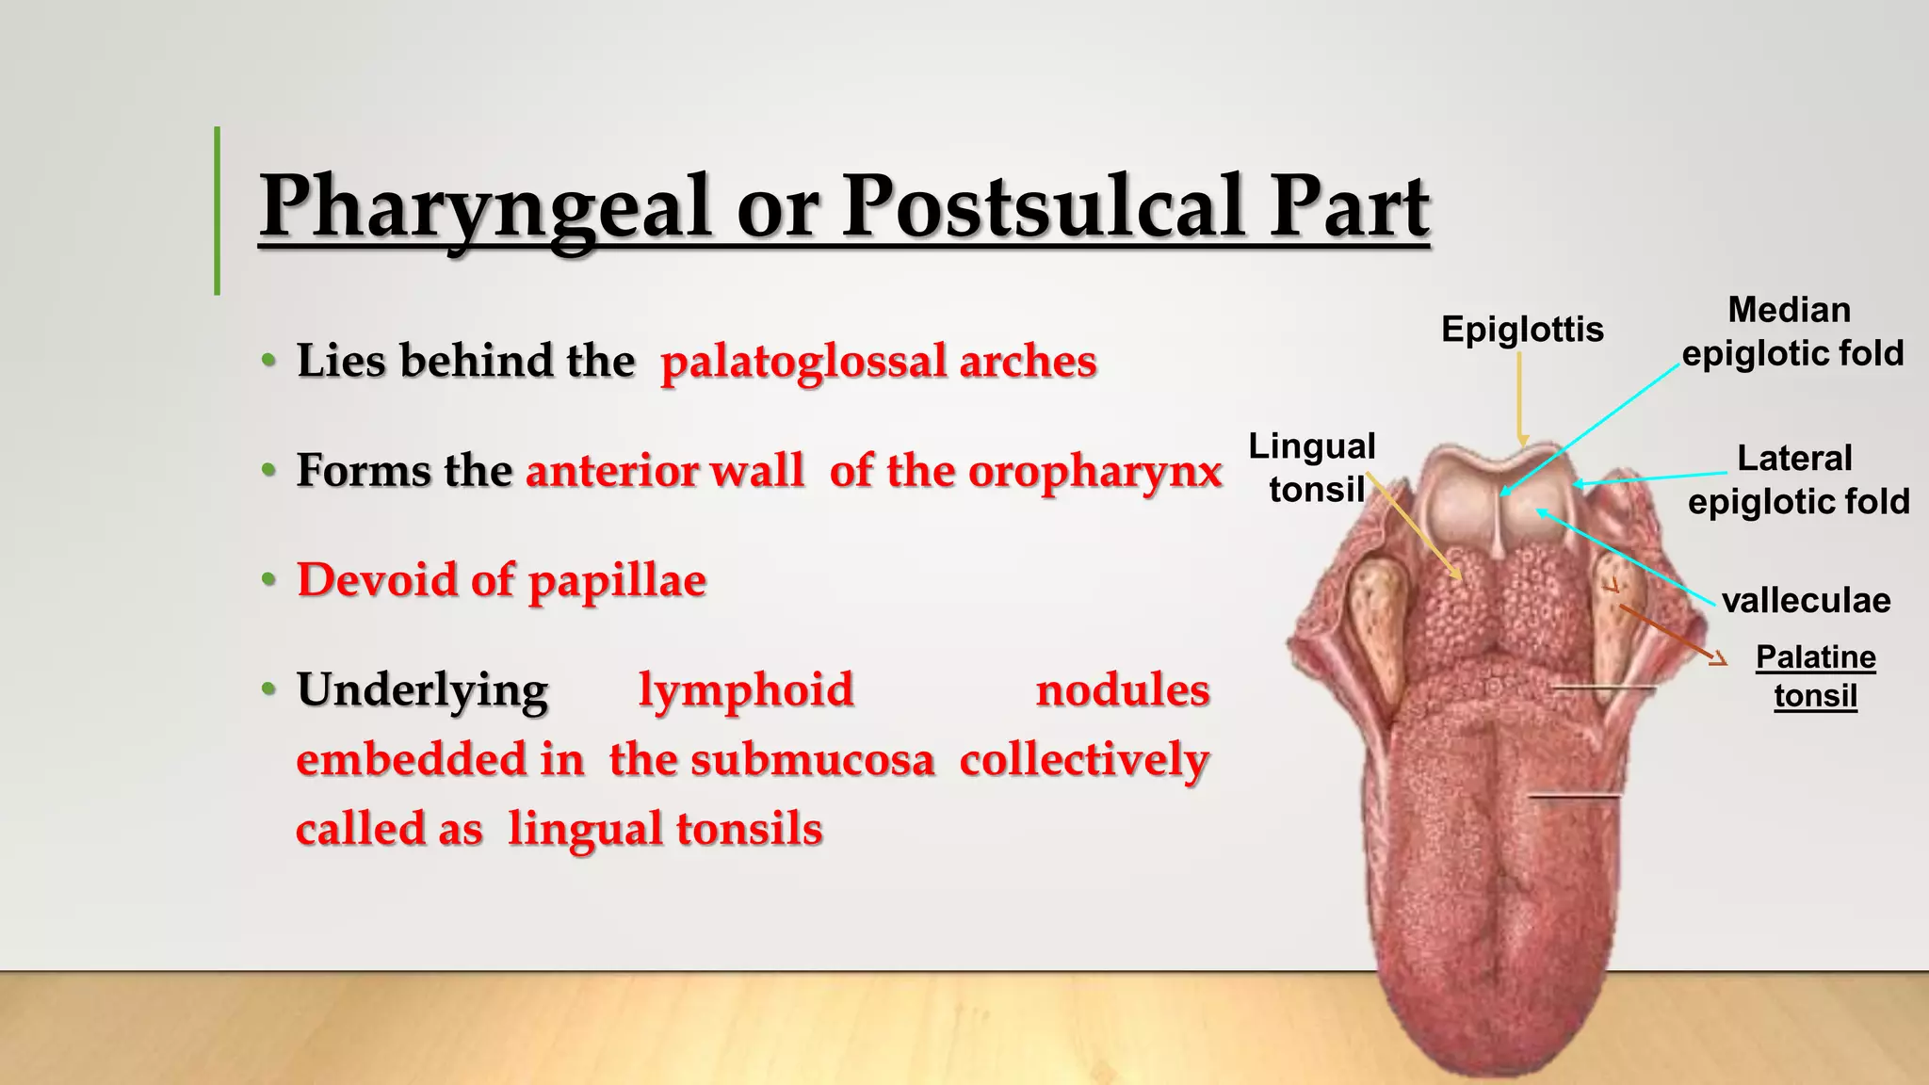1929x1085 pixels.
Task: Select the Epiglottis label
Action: point(1522,330)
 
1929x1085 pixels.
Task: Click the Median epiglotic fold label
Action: point(1791,332)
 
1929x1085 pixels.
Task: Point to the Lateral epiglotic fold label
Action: point(1797,480)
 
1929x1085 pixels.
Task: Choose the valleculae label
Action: point(1806,601)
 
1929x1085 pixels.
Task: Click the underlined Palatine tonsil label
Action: point(1815,676)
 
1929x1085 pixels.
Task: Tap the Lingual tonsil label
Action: point(1313,467)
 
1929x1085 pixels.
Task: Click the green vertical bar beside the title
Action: point(218,210)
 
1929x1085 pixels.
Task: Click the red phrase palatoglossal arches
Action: point(879,362)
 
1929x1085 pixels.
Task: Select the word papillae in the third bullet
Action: point(617,580)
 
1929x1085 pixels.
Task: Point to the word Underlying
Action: point(423,690)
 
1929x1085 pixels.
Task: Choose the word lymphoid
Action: point(746,690)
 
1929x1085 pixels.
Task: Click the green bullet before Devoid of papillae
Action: point(269,579)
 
